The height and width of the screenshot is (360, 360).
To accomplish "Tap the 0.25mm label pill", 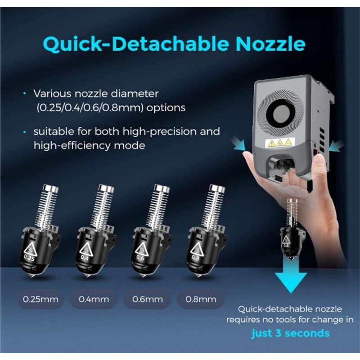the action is pyautogui.click(x=40, y=299).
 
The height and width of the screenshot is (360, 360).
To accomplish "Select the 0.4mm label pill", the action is pyautogui.click(x=94, y=299).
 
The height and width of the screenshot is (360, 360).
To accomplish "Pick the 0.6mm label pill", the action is pyautogui.click(x=148, y=299).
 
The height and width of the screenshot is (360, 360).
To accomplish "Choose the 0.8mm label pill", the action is pyautogui.click(x=201, y=299).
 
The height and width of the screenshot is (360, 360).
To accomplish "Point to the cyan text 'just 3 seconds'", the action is pyautogui.click(x=290, y=333).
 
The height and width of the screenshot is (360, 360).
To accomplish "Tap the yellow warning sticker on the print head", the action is pyautogui.click(x=279, y=143).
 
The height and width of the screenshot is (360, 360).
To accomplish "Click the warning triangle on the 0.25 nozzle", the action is pyautogui.click(x=31, y=249).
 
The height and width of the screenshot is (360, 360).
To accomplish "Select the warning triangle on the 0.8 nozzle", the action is pyautogui.click(x=197, y=249).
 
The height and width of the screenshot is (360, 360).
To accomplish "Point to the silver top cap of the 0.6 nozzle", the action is pyautogui.click(x=162, y=188).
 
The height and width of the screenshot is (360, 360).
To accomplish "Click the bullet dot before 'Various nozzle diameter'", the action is pyautogui.click(x=25, y=94).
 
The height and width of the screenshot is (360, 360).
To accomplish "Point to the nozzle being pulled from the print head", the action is pyautogui.click(x=288, y=229).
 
